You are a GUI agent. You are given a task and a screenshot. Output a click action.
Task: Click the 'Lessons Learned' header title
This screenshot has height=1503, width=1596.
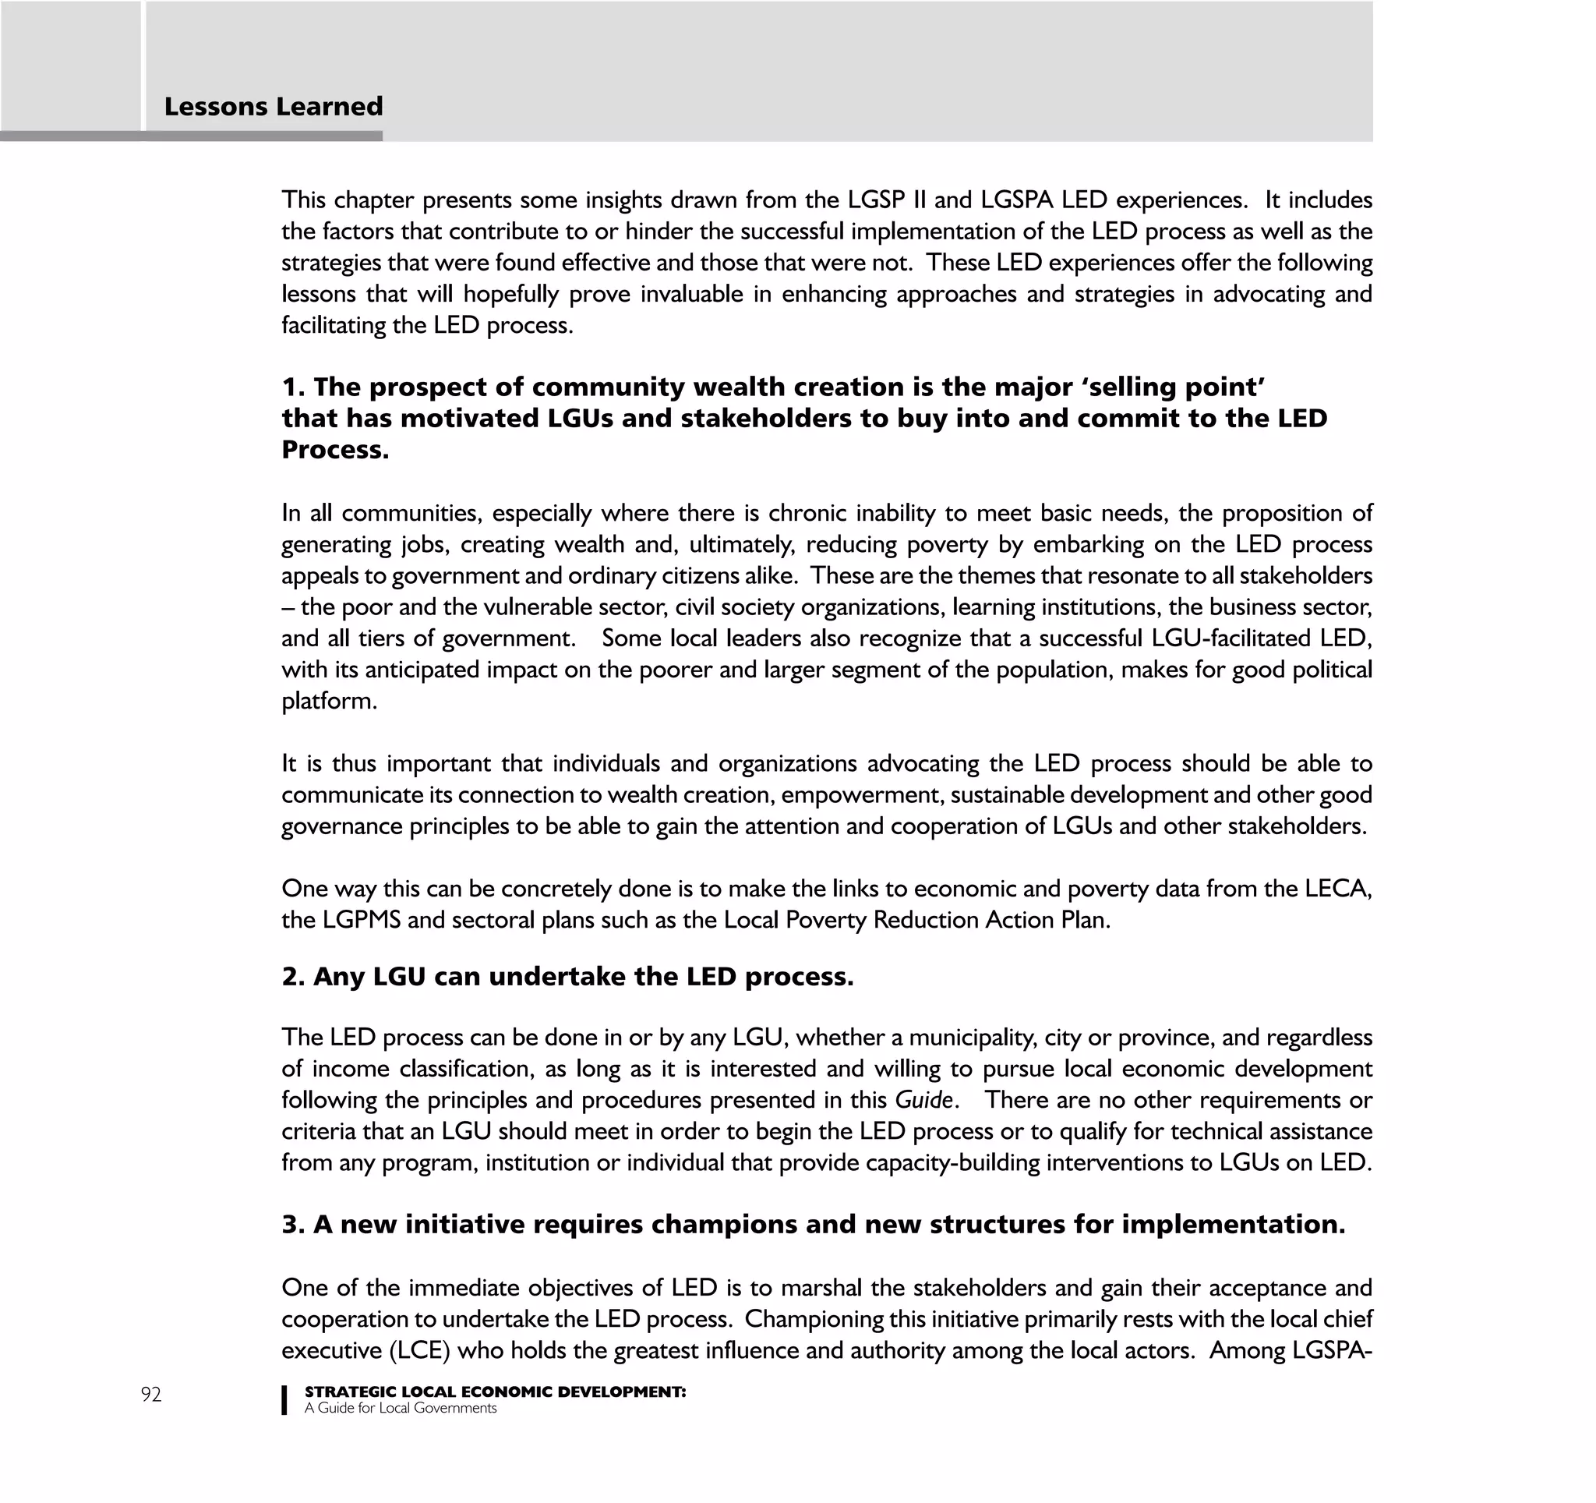pyautogui.click(x=273, y=107)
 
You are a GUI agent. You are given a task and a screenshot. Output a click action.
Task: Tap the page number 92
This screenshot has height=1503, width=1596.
pyautogui.click(x=151, y=1395)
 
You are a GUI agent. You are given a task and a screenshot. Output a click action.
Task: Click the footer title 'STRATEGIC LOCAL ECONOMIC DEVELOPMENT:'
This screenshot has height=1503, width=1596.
pyautogui.click(x=495, y=1392)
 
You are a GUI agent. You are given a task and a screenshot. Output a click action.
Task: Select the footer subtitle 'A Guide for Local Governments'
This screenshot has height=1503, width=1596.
pyautogui.click(x=400, y=1408)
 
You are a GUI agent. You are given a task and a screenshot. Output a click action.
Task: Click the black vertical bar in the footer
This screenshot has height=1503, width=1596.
pyautogui.click(x=284, y=1399)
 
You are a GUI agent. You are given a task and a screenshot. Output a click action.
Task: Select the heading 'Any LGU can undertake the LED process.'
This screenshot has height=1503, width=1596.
pyautogui.click(x=567, y=976)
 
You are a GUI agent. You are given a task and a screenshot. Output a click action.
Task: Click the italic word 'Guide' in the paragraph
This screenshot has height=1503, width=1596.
pyautogui.click(x=924, y=1099)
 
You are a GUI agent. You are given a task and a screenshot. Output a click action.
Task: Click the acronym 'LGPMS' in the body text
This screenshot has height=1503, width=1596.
pyautogui.click(x=362, y=920)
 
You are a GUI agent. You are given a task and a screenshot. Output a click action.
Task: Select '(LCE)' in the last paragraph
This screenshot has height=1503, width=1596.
pyautogui.click(x=419, y=1350)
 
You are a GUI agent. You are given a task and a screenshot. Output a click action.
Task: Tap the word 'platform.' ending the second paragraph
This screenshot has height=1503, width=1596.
pyautogui.click(x=329, y=701)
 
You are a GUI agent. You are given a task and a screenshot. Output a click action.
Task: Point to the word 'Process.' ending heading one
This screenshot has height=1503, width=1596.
pyautogui.click(x=335, y=450)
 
